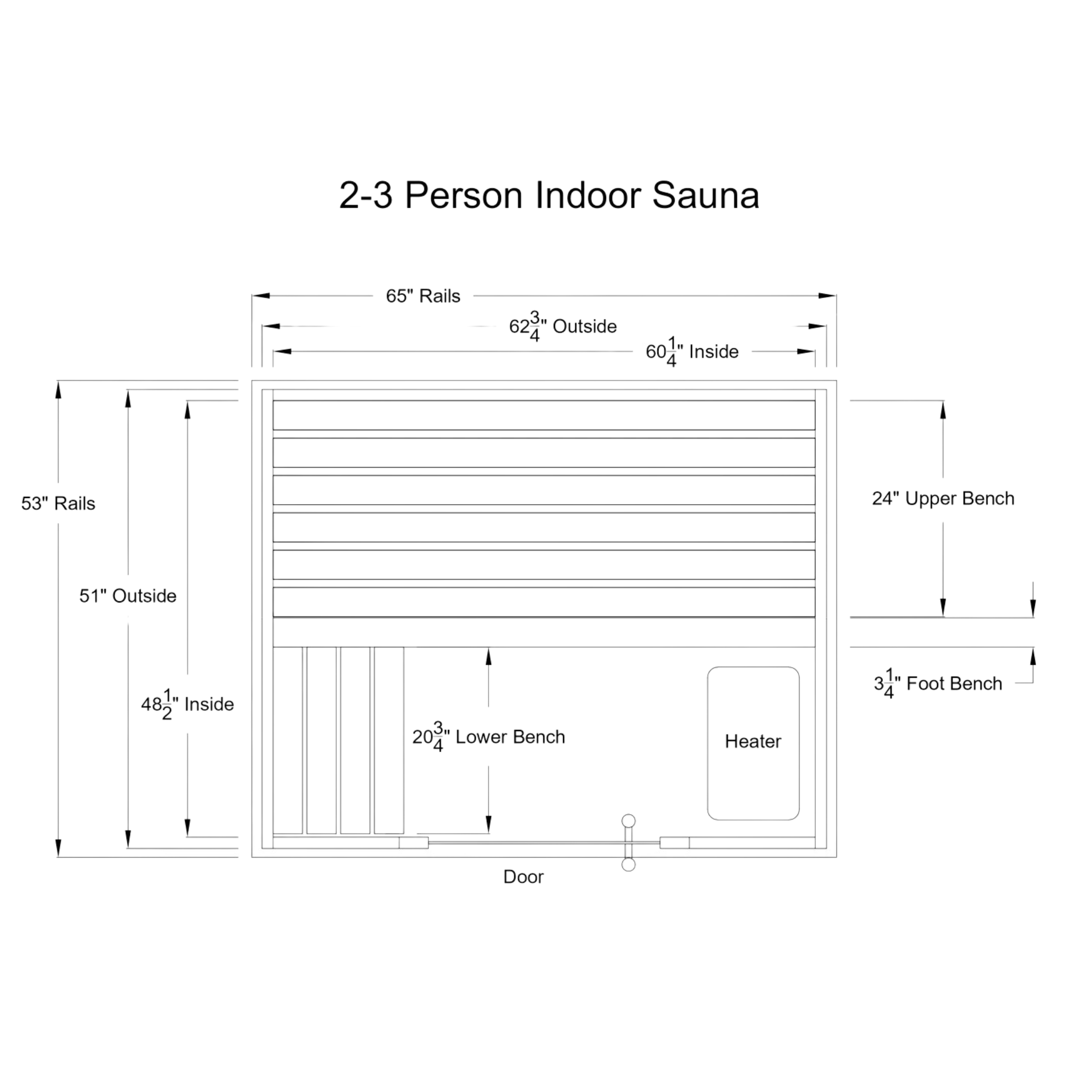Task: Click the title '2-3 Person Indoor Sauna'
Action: (x=549, y=195)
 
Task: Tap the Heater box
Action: (x=753, y=742)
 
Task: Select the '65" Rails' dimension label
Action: (x=423, y=296)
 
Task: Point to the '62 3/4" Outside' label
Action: (x=562, y=326)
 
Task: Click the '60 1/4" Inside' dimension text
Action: (x=692, y=352)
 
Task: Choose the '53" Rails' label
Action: (x=58, y=504)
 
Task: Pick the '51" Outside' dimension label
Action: (x=128, y=596)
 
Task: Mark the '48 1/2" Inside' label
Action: (x=187, y=704)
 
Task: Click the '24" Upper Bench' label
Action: (x=943, y=498)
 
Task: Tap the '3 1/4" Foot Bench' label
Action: (x=938, y=684)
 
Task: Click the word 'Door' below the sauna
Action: (x=523, y=876)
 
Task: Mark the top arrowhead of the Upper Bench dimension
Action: (x=942, y=408)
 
